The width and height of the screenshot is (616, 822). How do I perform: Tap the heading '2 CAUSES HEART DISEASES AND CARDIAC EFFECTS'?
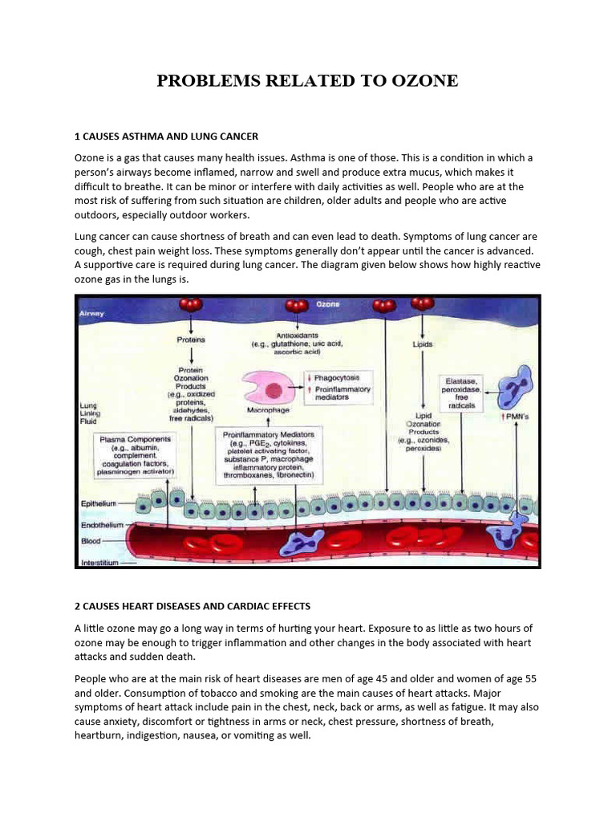tap(192, 606)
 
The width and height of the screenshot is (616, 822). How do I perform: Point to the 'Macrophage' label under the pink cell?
tap(267, 410)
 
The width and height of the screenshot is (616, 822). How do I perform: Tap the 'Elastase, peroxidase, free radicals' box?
tap(463, 393)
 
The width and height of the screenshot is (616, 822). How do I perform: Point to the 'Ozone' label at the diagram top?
tap(327, 305)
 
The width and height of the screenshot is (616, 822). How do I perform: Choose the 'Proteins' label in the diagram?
tap(190, 340)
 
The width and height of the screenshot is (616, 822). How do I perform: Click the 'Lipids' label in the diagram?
tap(422, 344)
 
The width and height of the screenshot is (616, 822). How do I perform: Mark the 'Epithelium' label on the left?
tap(99, 503)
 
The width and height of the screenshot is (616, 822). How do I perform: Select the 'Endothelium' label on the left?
tap(100, 524)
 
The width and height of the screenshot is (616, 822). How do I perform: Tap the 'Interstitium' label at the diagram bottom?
tap(99, 563)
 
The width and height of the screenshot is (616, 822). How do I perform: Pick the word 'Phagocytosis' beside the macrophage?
tap(338, 377)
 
